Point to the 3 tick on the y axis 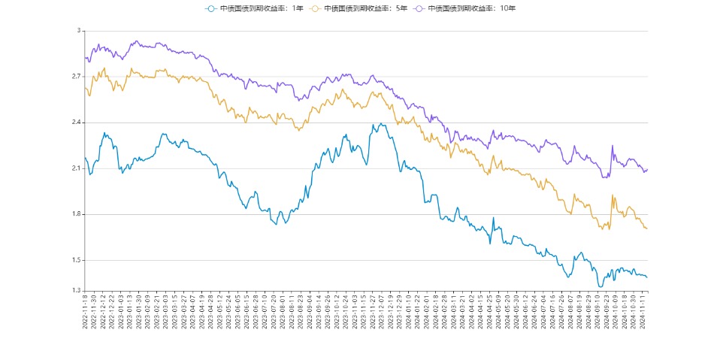(78, 31)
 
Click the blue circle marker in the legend (212, 8)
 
